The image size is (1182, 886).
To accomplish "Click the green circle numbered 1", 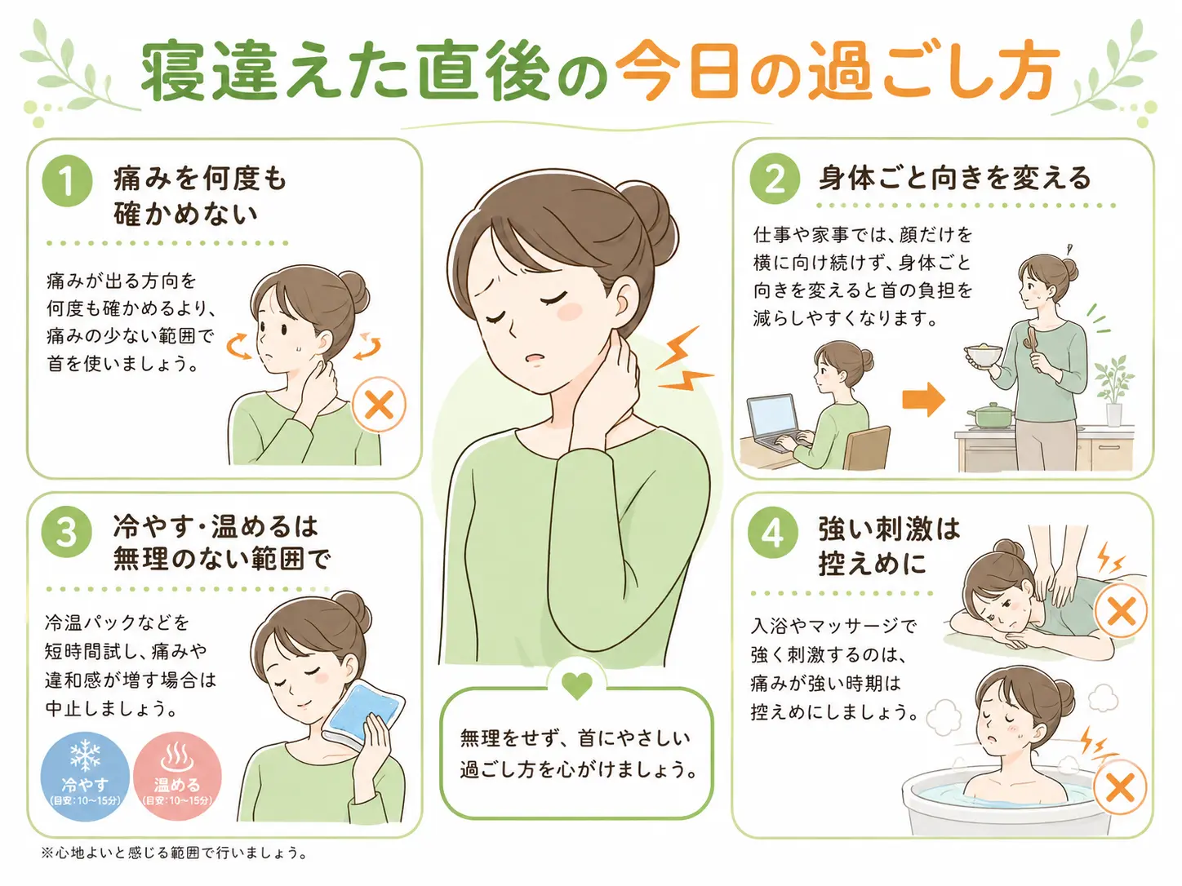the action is tap(67, 181).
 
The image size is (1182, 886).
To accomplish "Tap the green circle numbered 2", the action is tap(775, 179).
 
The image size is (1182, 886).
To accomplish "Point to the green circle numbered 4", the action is tap(773, 534).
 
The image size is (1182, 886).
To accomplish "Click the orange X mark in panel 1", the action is tap(379, 405).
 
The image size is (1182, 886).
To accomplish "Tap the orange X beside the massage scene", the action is tap(1121, 612).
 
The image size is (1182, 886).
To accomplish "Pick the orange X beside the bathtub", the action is tap(1121, 786).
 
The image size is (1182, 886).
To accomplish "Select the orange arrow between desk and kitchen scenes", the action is tap(923, 399).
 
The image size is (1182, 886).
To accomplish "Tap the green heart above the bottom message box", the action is tap(577, 685).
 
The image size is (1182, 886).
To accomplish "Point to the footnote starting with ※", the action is tap(174, 853).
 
